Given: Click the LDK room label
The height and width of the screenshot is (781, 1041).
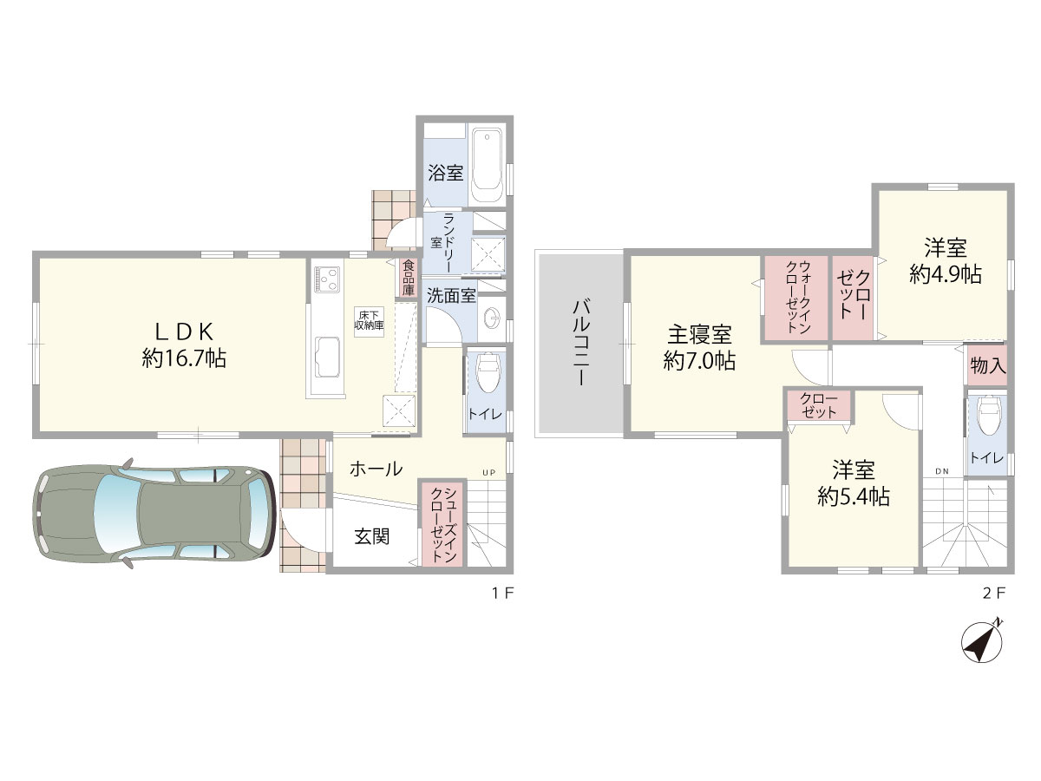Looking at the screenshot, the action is click(x=184, y=332).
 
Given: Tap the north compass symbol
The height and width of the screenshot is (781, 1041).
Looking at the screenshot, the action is click(x=982, y=642).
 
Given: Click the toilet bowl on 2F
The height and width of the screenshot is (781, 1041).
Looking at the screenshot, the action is click(x=989, y=416).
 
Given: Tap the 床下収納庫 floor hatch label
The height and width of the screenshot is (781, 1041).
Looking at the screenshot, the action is click(x=369, y=320).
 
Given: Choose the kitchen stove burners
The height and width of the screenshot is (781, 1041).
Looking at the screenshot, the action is click(x=327, y=279).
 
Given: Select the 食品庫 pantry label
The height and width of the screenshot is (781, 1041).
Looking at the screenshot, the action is click(x=408, y=278).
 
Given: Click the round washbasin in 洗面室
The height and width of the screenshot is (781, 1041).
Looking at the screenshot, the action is click(x=492, y=318).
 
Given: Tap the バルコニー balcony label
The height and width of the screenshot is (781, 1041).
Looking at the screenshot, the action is click(x=581, y=343).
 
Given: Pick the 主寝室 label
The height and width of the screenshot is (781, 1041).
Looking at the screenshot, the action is click(x=699, y=334).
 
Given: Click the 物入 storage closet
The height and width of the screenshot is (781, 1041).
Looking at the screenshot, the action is click(x=988, y=365).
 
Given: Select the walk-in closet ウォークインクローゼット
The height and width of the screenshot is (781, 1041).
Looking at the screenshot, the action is click(x=795, y=298).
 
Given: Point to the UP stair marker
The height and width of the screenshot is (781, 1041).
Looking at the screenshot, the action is click(x=489, y=472).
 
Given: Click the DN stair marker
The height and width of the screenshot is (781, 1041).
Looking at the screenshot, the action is click(x=942, y=471).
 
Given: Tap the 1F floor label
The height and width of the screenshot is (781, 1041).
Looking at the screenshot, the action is click(x=502, y=593).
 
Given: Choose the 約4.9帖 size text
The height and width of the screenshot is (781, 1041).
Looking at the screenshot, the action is click(x=946, y=274).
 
